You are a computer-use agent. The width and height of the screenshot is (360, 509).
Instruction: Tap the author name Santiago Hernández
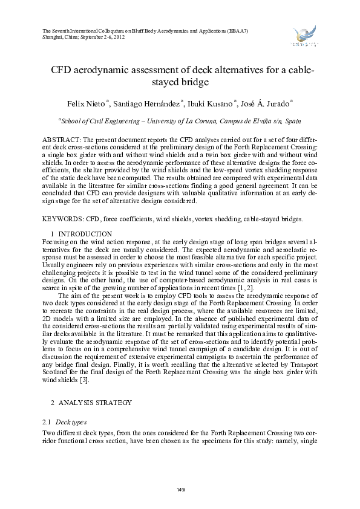coord(145,103)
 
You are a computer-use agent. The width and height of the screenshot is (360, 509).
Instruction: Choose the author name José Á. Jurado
coord(269,103)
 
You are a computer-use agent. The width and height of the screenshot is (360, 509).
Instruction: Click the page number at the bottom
coord(180,488)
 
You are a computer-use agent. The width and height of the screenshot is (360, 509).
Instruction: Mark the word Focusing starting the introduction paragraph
coord(56,241)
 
